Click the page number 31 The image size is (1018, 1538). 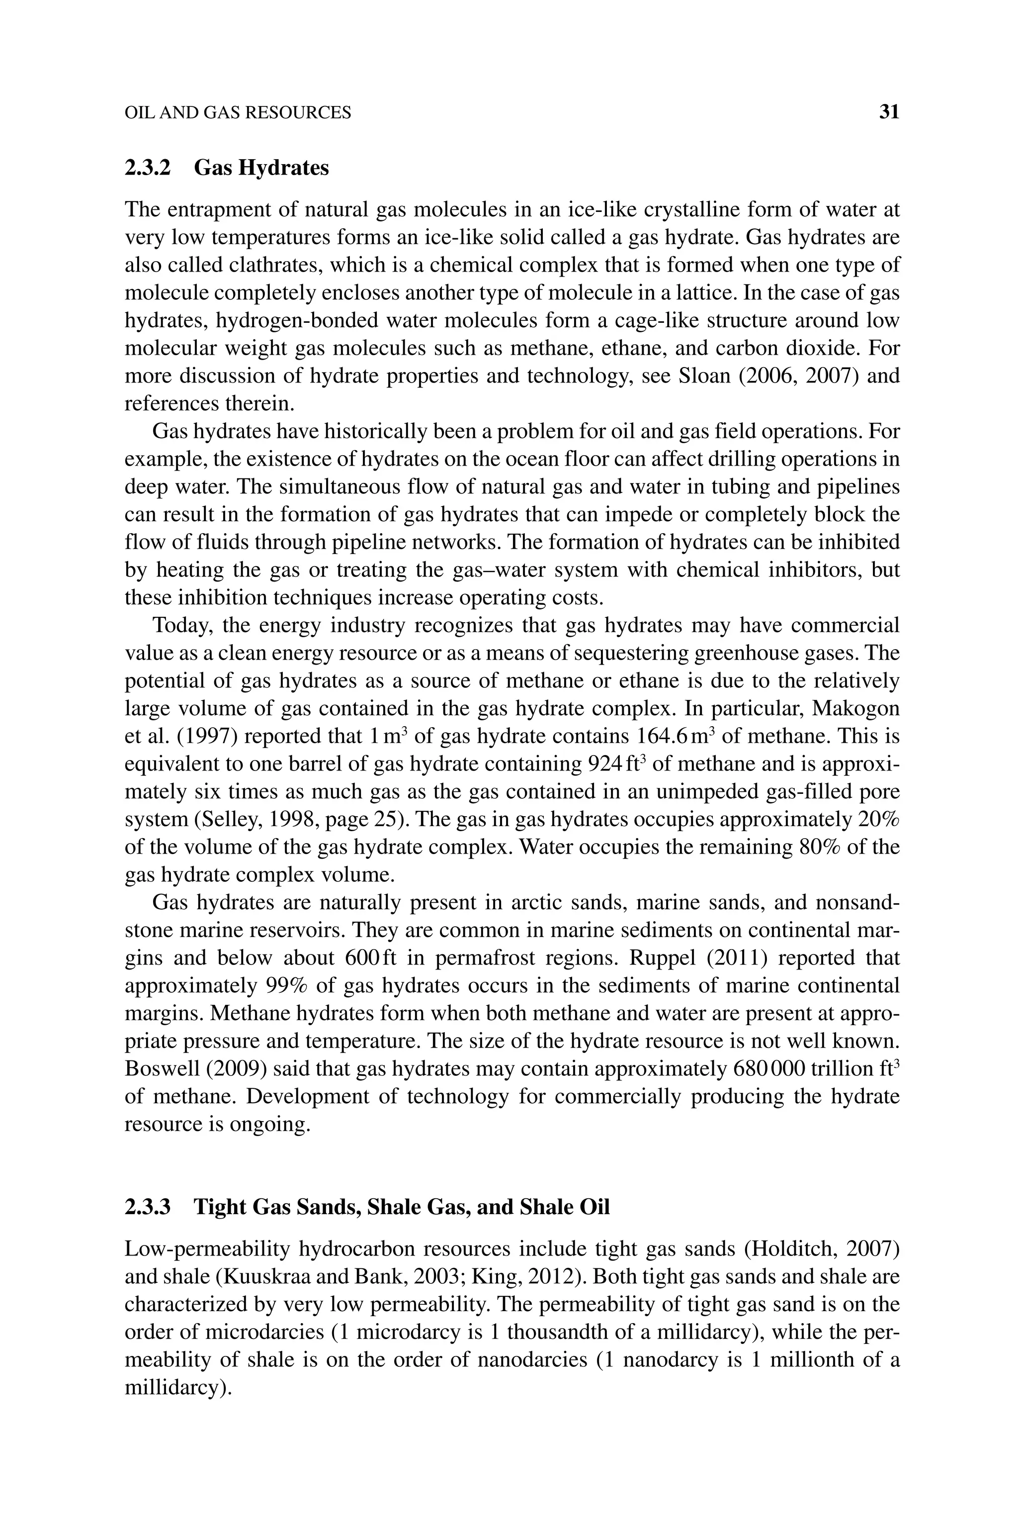click(x=889, y=112)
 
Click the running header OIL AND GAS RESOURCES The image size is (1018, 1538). click(x=238, y=113)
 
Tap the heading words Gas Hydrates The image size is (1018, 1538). click(x=261, y=168)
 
